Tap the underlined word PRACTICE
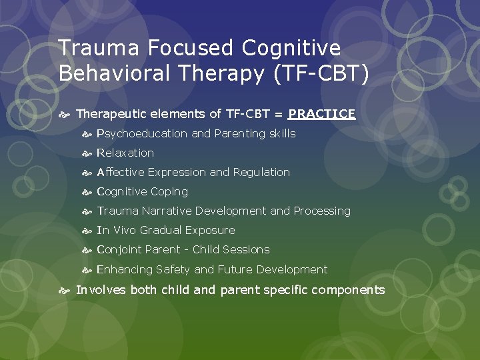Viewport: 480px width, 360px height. (322, 114)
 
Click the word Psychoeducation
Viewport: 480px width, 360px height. (142, 134)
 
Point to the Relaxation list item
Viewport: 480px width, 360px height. (125, 153)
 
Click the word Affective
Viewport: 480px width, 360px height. (121, 172)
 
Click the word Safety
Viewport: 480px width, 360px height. (173, 269)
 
